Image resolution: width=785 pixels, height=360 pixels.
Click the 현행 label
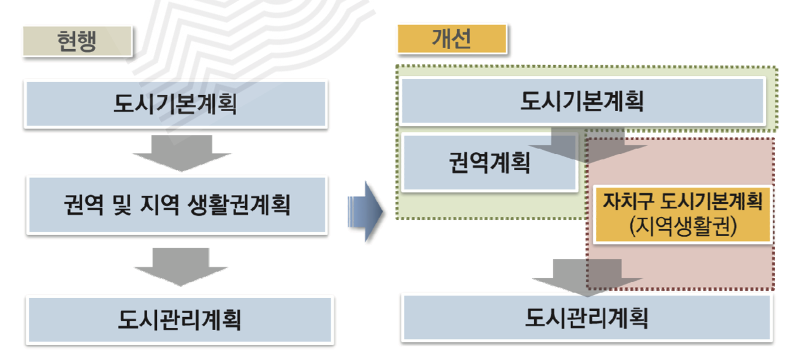(x=77, y=42)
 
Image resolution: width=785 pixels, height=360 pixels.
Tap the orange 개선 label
(x=451, y=39)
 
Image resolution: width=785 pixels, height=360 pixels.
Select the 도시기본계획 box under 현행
(x=175, y=104)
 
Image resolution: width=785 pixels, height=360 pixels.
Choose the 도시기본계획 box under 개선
(x=582, y=101)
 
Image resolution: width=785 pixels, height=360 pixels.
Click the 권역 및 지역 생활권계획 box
(x=177, y=205)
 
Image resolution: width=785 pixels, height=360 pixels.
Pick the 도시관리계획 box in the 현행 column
(x=180, y=320)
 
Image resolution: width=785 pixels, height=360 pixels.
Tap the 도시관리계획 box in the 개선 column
(x=586, y=318)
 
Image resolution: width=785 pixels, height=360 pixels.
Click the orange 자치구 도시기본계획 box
(x=682, y=215)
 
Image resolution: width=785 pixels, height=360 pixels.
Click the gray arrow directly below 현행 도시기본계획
(x=182, y=153)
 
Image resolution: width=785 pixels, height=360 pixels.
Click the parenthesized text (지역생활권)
(x=682, y=227)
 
